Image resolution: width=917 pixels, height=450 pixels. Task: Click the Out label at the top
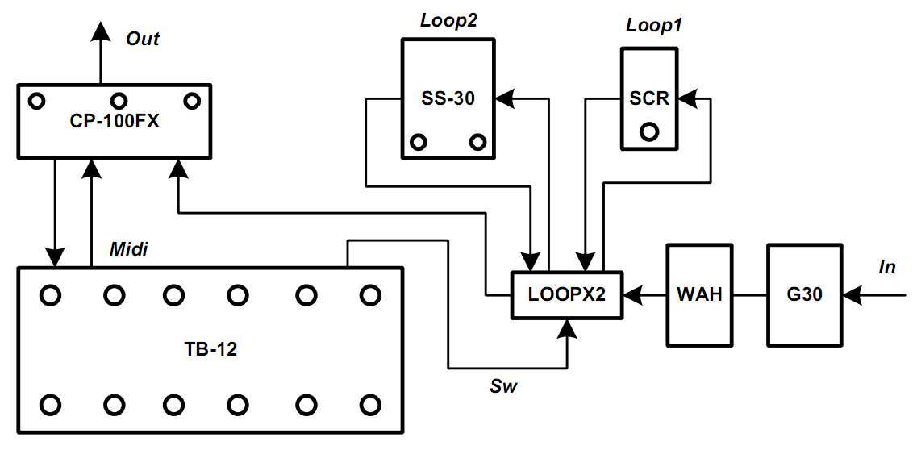click(x=144, y=39)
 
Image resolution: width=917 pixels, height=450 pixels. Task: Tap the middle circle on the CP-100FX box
click(x=119, y=101)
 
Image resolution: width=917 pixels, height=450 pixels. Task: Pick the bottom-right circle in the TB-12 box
click(x=369, y=403)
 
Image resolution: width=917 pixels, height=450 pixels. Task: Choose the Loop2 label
click(x=448, y=21)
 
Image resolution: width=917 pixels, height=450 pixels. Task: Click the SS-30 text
click(x=448, y=98)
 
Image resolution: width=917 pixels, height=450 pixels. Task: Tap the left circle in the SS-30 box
click(x=419, y=143)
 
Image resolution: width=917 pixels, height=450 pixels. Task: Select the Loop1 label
click(x=654, y=25)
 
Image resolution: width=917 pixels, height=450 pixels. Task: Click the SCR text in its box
click(x=649, y=98)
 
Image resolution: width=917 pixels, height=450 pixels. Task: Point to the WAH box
click(x=694, y=295)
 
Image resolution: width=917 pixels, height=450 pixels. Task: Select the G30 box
click(x=804, y=295)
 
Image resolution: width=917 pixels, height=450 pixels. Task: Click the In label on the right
click(x=887, y=267)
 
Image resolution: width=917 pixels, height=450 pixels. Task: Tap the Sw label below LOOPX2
click(x=503, y=386)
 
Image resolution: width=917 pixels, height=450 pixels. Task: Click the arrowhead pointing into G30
click(x=851, y=296)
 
